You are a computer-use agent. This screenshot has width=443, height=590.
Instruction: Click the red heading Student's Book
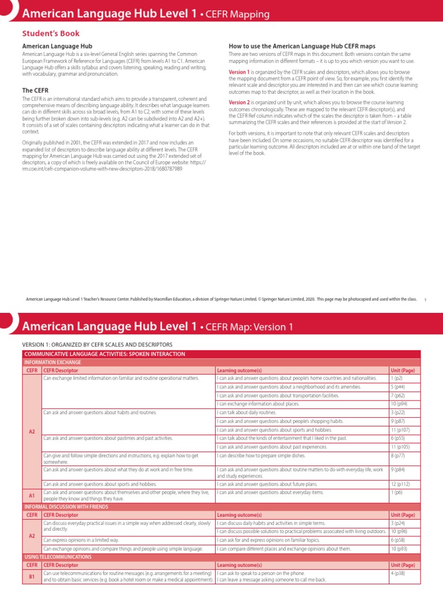[51, 33]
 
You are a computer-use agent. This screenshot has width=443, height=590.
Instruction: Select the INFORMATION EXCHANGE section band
[51, 362]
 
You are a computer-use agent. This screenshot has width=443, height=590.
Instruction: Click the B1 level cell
[32, 576]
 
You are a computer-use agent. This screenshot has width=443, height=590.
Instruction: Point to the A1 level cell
[32, 495]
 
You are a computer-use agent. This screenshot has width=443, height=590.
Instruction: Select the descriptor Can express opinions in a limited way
[81, 540]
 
